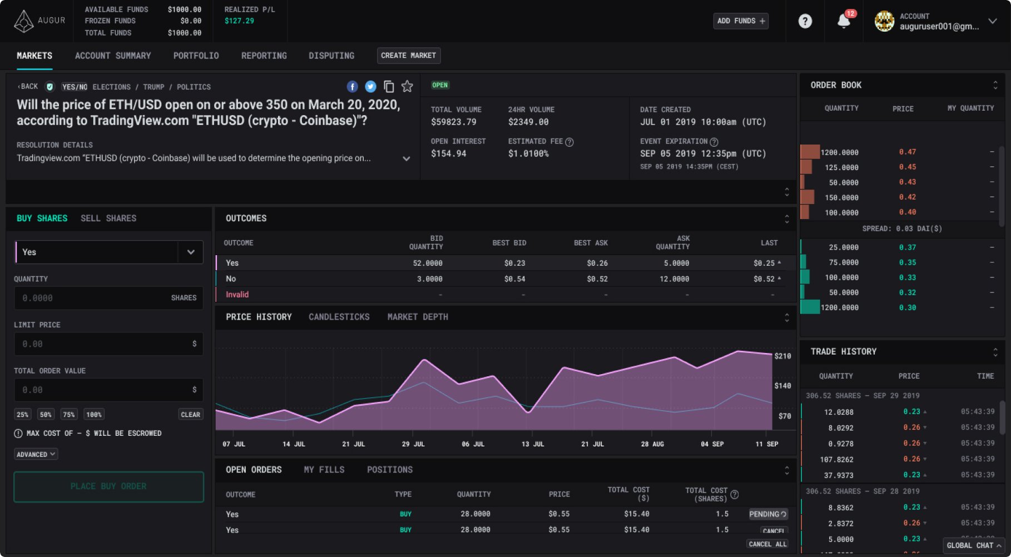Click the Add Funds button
[741, 21]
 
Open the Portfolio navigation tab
[196, 56]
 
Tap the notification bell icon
[843, 21]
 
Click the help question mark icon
[805, 21]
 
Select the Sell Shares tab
[108, 218]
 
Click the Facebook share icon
[352, 87]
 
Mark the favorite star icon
[407, 87]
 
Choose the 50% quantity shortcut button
[46, 415]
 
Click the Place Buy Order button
[108, 486]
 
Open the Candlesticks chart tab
[339, 317]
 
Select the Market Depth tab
[418, 317]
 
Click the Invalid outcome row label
[237, 295]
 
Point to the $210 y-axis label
[782, 356]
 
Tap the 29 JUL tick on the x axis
[413, 444]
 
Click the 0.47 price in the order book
[907, 152]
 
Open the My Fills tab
[324, 470]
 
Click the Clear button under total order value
[190, 415]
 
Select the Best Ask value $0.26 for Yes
[597, 263]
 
